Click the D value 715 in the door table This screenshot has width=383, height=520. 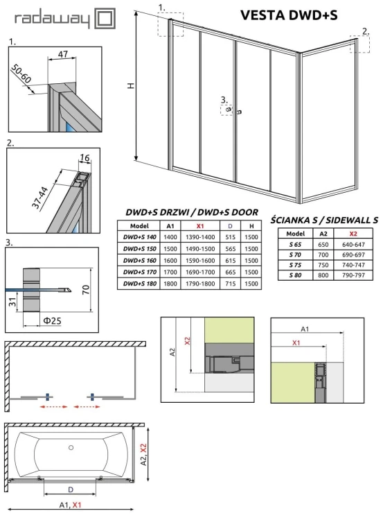coord(230,284)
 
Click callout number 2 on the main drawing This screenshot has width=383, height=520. coord(365,31)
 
